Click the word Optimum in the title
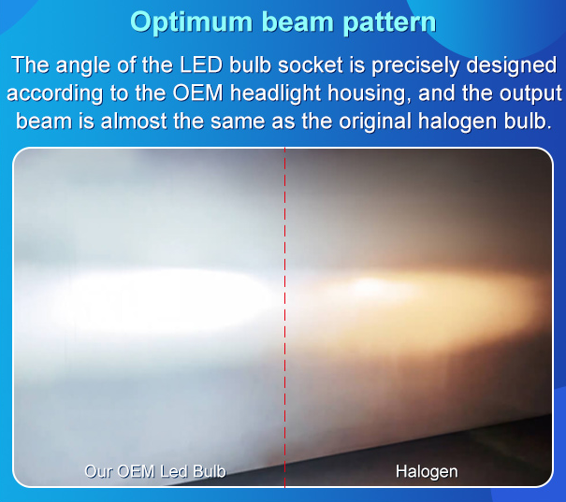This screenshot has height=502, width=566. [191, 22]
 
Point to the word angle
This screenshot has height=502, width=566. [82, 66]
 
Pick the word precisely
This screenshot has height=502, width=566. [415, 66]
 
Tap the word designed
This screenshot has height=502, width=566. [511, 66]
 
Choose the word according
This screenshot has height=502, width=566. [54, 93]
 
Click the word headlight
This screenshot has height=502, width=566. [276, 93]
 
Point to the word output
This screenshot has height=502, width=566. [530, 94]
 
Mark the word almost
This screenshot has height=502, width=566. [134, 121]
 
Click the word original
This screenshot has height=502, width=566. [375, 122]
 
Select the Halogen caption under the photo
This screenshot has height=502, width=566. [427, 472]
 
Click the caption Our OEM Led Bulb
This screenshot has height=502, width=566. [155, 471]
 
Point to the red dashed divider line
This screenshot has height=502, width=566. [284, 317]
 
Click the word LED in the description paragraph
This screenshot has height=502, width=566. [201, 65]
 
